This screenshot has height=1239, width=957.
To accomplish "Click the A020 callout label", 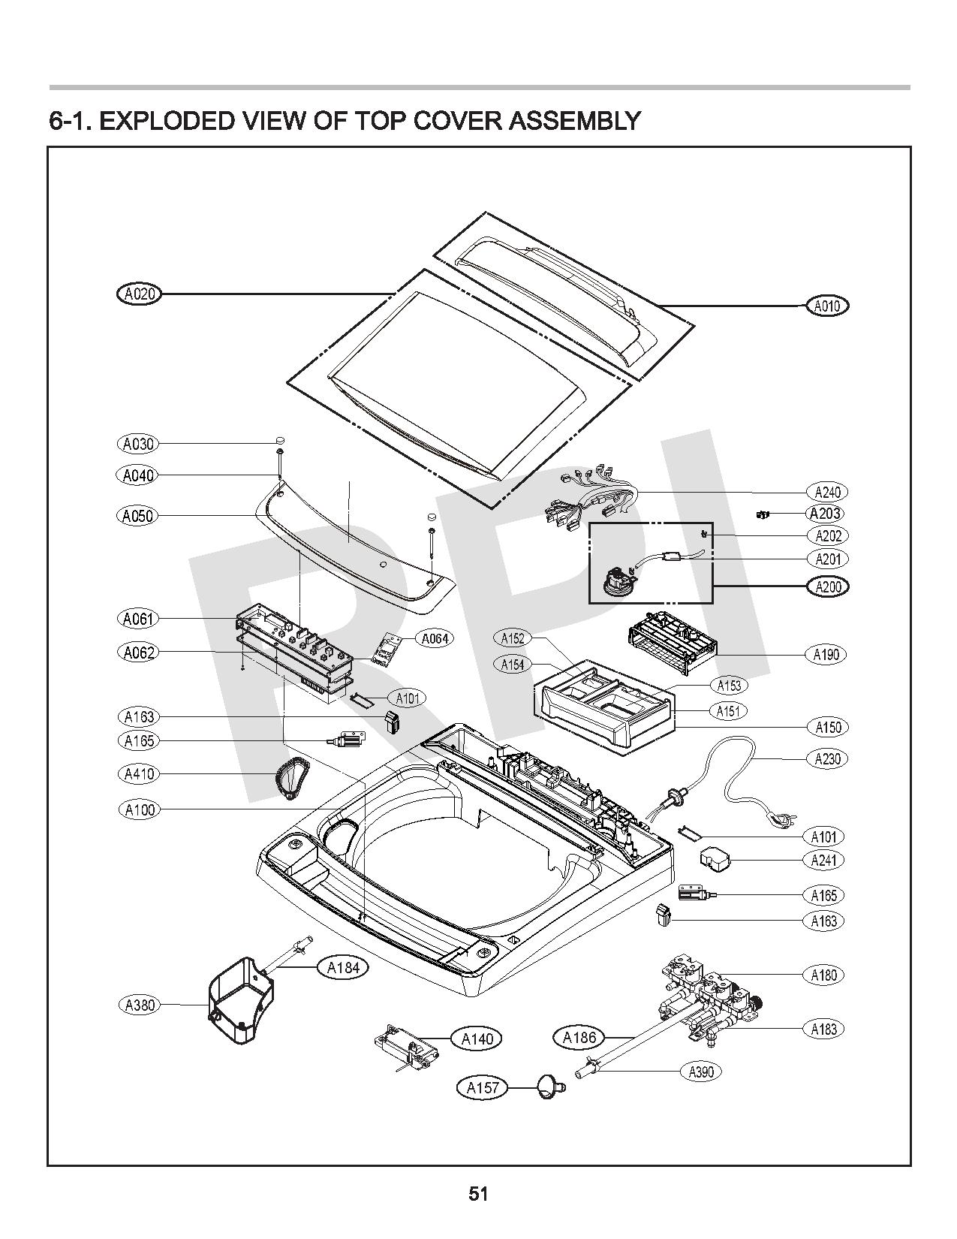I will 140,294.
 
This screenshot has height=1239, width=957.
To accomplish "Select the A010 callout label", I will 827,306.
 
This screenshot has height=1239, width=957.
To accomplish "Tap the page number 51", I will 478,1194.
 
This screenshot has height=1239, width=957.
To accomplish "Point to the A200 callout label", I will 827,586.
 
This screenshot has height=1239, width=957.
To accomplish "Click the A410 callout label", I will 139,773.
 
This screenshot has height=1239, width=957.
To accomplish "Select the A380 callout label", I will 139,1005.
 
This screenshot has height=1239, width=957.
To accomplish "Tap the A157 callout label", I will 483,1087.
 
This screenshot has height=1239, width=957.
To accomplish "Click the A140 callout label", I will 477,1039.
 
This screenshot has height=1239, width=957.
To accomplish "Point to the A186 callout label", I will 579,1038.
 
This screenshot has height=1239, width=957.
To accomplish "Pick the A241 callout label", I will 823,860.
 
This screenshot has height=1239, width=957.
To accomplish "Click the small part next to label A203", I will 763,514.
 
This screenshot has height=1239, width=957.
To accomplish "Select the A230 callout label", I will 827,758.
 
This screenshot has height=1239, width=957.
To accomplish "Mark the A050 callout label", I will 138,516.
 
